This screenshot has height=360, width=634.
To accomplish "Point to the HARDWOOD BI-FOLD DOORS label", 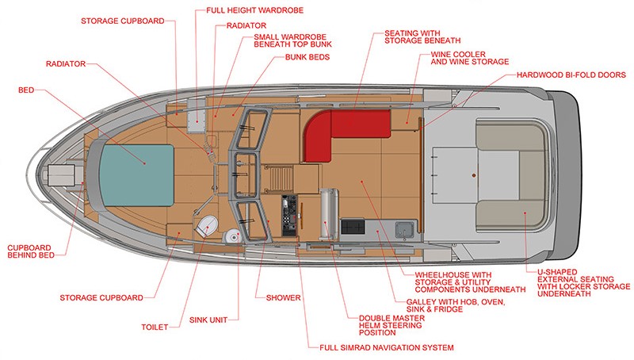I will tap(571, 75).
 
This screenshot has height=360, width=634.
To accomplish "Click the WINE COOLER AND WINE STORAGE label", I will tap(469, 58).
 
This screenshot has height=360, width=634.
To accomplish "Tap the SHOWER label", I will tap(277, 297).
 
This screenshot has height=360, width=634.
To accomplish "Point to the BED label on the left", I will tap(25, 90).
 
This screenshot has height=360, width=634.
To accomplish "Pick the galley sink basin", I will tap(403, 229).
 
